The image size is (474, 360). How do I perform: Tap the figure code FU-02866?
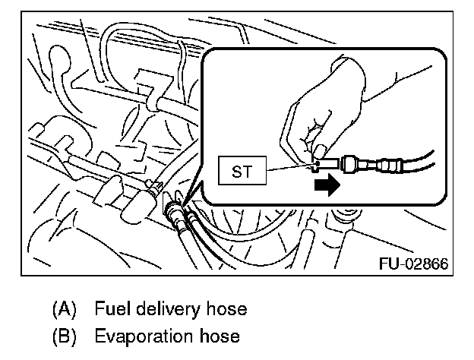[x=412, y=264]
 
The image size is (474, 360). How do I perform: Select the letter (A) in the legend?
[x=65, y=310]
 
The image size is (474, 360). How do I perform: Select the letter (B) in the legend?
[x=65, y=336]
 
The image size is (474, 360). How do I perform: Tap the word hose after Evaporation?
[x=220, y=336]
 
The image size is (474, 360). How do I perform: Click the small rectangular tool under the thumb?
[x=325, y=162]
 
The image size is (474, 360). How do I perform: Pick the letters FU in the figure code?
[x=387, y=264]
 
